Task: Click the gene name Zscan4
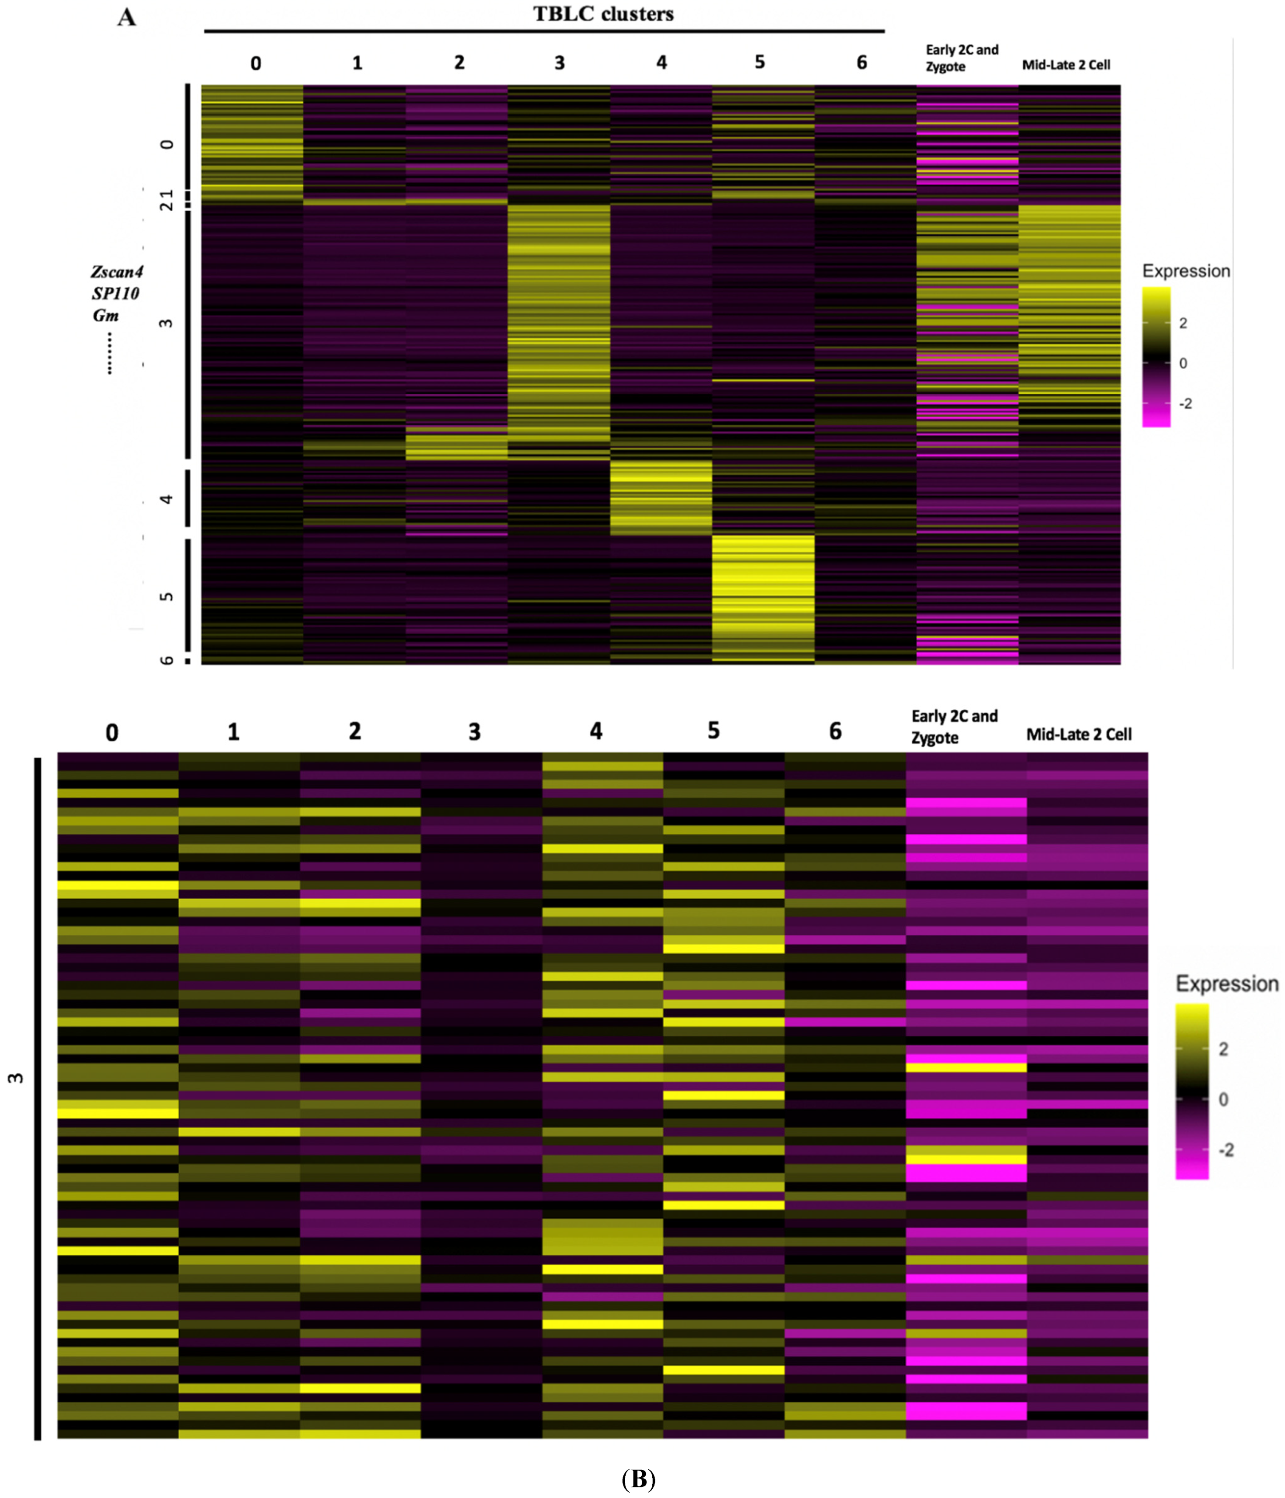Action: click(116, 272)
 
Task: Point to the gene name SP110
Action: click(116, 293)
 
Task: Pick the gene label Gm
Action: click(106, 315)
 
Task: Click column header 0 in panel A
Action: click(255, 63)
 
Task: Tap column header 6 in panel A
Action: click(862, 63)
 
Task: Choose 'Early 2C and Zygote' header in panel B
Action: click(954, 727)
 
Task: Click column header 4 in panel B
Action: click(595, 731)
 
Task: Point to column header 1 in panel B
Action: click(233, 732)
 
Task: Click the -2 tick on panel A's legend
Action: click(1185, 403)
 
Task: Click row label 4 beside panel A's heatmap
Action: click(167, 499)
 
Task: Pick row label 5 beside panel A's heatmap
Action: click(167, 597)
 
